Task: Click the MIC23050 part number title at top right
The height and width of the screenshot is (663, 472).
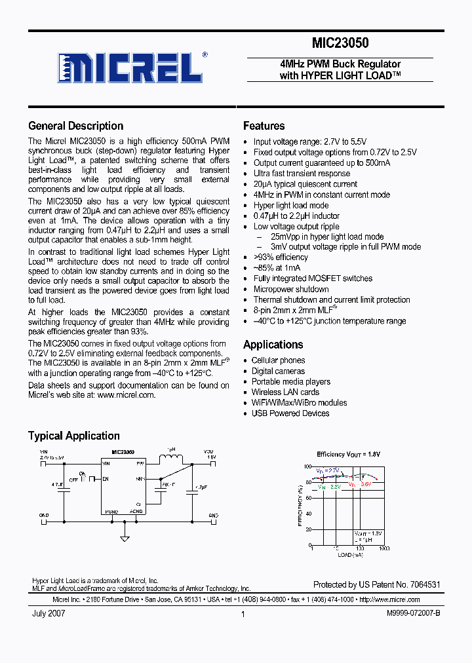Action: click(340, 44)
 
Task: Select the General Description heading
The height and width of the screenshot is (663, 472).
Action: click(75, 126)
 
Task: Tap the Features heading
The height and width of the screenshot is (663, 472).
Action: click(264, 126)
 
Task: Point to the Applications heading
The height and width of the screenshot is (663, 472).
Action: click(273, 345)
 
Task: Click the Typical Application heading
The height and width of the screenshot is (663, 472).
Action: click(73, 436)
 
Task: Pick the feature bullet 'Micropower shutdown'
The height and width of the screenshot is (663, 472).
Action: click(291, 289)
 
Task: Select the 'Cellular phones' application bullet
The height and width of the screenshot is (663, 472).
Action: click(278, 360)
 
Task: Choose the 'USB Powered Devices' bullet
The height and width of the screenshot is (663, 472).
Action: click(290, 413)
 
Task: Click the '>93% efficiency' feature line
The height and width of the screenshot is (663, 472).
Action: click(281, 257)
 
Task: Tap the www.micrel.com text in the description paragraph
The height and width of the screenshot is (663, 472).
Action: click(126, 395)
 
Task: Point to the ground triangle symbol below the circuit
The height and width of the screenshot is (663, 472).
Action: click(125, 539)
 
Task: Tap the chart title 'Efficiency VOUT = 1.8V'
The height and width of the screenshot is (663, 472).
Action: click(348, 454)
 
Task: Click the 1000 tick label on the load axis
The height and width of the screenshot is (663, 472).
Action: click(383, 548)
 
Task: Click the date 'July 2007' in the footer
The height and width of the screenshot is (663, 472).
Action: click(49, 614)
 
